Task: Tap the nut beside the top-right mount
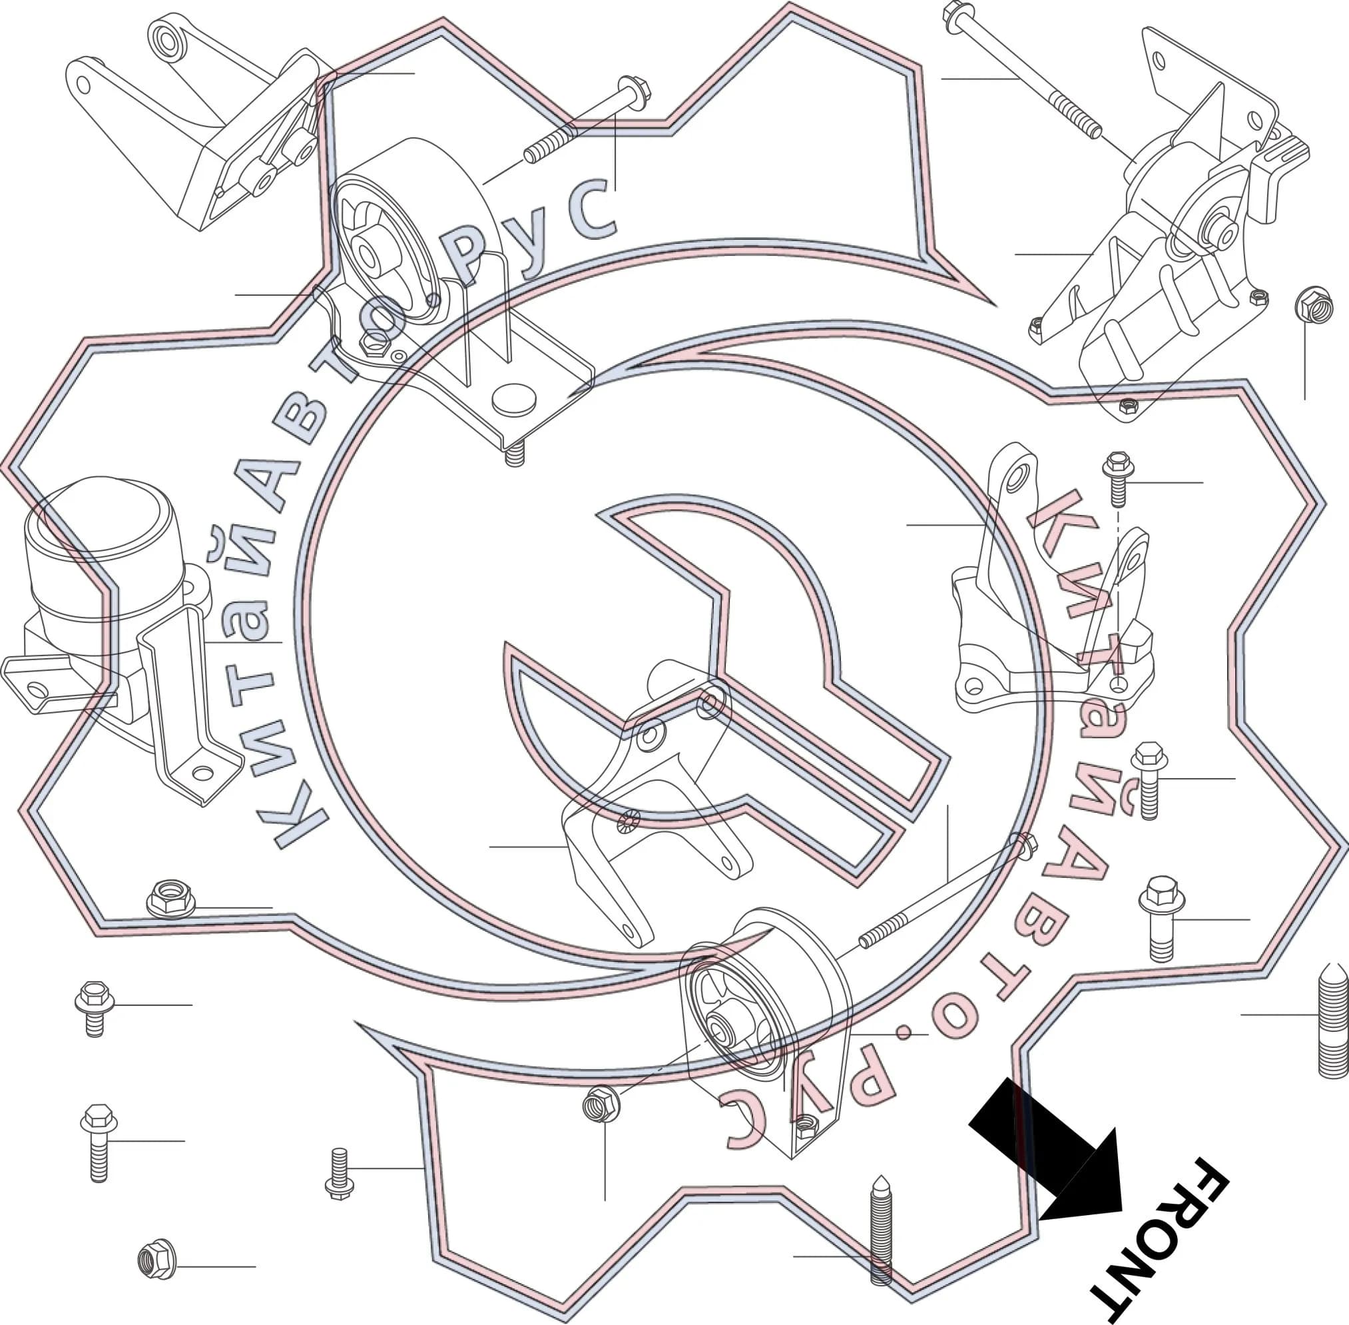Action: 1314,305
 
